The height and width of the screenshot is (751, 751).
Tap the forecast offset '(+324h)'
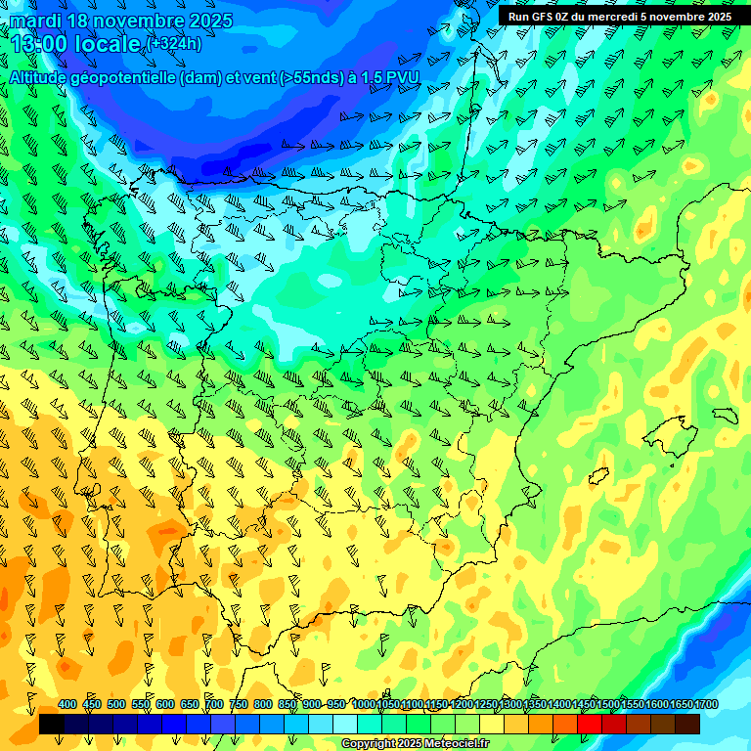[174, 43]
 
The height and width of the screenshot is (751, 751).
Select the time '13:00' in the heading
[39, 44]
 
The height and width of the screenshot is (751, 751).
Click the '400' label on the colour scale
[67, 704]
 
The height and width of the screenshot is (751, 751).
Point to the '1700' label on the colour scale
[705, 704]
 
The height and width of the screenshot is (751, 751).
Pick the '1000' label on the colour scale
[364, 704]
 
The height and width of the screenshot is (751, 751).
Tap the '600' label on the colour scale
[165, 704]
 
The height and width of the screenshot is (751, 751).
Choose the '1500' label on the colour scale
[608, 704]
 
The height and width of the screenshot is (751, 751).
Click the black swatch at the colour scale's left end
[51, 724]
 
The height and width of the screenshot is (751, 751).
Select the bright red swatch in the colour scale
[590, 724]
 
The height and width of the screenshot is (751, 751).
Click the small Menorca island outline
[724, 415]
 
